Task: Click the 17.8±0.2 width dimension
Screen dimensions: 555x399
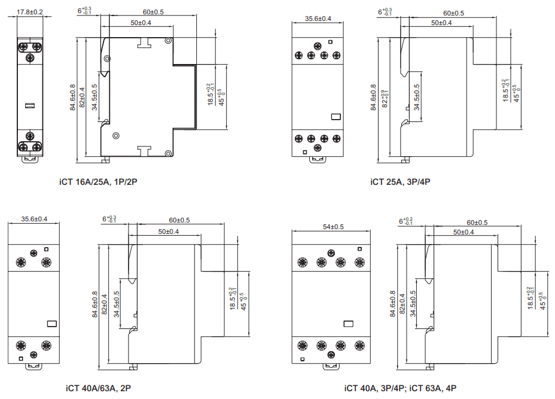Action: pyautogui.click(x=30, y=12)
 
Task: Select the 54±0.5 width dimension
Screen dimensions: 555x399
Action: pyautogui.click(x=333, y=227)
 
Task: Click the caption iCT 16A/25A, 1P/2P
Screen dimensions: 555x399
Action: pyautogui.click(x=98, y=182)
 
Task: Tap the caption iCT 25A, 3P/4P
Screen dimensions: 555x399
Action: pyautogui.click(x=400, y=182)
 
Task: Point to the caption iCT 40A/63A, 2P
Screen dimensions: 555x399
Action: pyautogui.click(x=98, y=388)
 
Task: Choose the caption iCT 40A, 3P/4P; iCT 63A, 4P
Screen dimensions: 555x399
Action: pyautogui.click(x=400, y=388)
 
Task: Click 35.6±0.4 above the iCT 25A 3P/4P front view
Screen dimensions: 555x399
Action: pyautogui.click(x=318, y=19)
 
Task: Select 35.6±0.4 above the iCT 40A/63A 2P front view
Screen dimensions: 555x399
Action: pyautogui.click(x=34, y=219)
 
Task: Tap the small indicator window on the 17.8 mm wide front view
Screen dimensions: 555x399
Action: pyautogui.click(x=30, y=105)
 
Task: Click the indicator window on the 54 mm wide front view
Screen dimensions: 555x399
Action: pyautogui.click(x=348, y=324)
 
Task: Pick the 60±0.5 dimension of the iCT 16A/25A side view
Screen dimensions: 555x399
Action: pyautogui.click(x=153, y=12)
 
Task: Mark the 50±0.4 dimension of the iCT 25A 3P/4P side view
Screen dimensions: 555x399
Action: pyautogui.click(x=441, y=23)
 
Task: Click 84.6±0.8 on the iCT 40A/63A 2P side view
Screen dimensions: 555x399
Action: pyautogui.click(x=95, y=304)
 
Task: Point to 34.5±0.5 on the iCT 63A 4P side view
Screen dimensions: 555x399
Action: pyautogui.click(x=413, y=304)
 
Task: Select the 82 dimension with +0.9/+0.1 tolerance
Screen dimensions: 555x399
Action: pyautogui.click(x=385, y=99)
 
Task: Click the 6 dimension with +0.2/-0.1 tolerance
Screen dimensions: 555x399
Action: pyautogui.click(x=405, y=221)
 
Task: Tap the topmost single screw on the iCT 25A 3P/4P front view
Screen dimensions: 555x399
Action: pyautogui.click(x=318, y=45)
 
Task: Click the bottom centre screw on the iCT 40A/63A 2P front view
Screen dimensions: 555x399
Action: pyautogui.click(x=33, y=354)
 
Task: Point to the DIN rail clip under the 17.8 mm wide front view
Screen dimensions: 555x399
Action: pyautogui.click(x=30, y=159)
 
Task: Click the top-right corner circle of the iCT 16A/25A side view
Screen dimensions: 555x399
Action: pyautogui.click(x=169, y=41)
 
